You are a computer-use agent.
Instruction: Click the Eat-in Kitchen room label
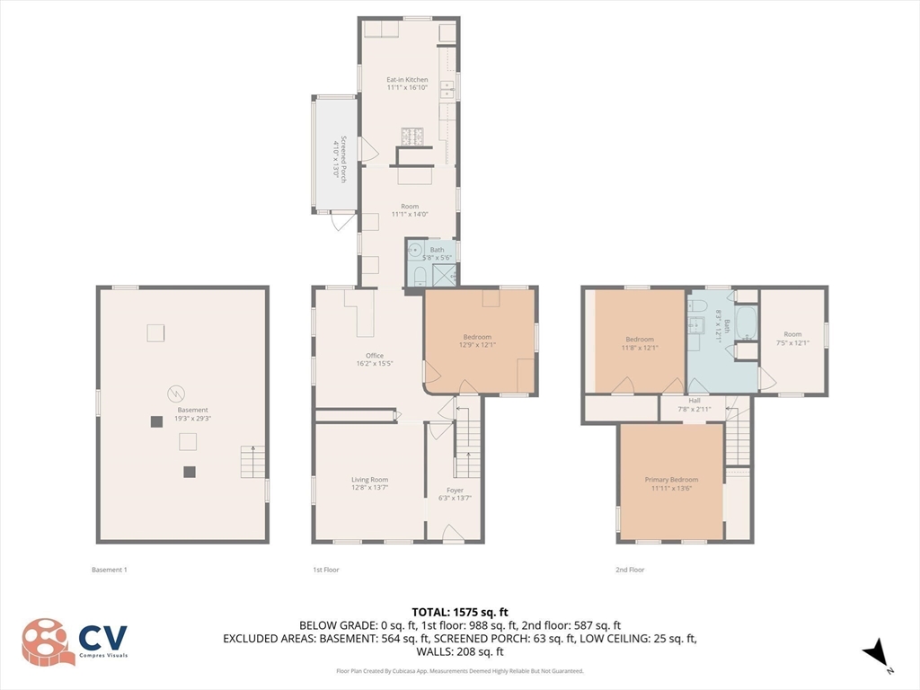(x=407, y=80)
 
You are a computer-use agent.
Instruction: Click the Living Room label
(x=369, y=480)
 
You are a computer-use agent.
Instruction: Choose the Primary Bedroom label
(x=670, y=480)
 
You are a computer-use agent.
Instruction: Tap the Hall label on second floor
(x=694, y=401)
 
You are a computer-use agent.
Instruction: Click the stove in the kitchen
(x=411, y=137)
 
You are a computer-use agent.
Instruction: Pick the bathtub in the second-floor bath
(x=747, y=324)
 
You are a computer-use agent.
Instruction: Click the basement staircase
(x=252, y=463)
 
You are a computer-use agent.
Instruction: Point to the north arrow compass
(x=876, y=653)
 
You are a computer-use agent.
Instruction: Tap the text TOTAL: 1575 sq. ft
(x=460, y=612)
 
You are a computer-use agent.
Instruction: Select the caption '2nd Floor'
(x=630, y=570)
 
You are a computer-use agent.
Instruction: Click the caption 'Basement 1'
(x=110, y=570)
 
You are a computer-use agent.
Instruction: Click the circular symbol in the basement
(x=177, y=393)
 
